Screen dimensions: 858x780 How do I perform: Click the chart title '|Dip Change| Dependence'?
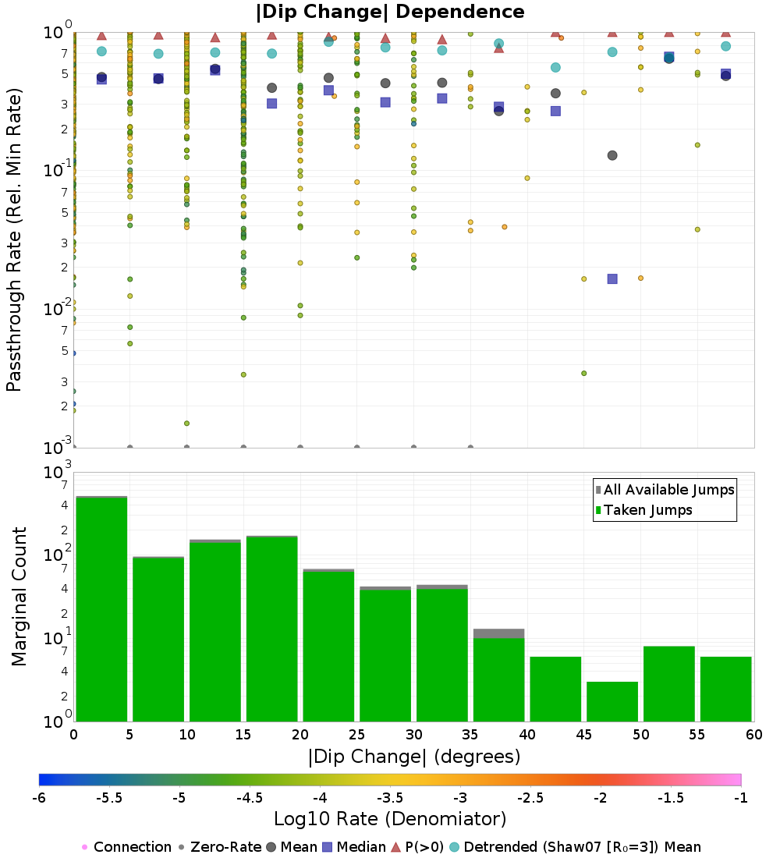[x=390, y=12]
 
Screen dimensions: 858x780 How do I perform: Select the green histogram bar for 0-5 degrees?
[x=101, y=608]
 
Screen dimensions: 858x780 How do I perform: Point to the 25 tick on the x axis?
[x=357, y=734]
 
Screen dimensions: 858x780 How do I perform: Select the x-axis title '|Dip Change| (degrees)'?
[x=413, y=756]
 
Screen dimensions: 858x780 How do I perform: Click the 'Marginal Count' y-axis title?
[x=19, y=597]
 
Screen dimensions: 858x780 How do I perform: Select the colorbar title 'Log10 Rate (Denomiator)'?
[x=390, y=819]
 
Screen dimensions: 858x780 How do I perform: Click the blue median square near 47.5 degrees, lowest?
[x=612, y=278]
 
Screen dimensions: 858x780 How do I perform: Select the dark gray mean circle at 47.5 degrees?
[x=612, y=155]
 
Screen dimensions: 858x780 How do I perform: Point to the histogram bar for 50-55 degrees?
[x=668, y=683]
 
